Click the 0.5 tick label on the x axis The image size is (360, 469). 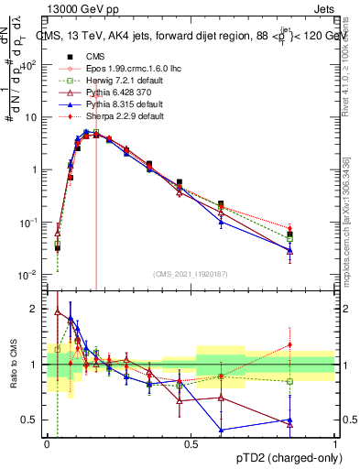(191, 443)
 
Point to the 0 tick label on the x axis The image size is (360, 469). (47, 443)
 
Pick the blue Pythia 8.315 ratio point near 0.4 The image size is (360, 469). (221, 430)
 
